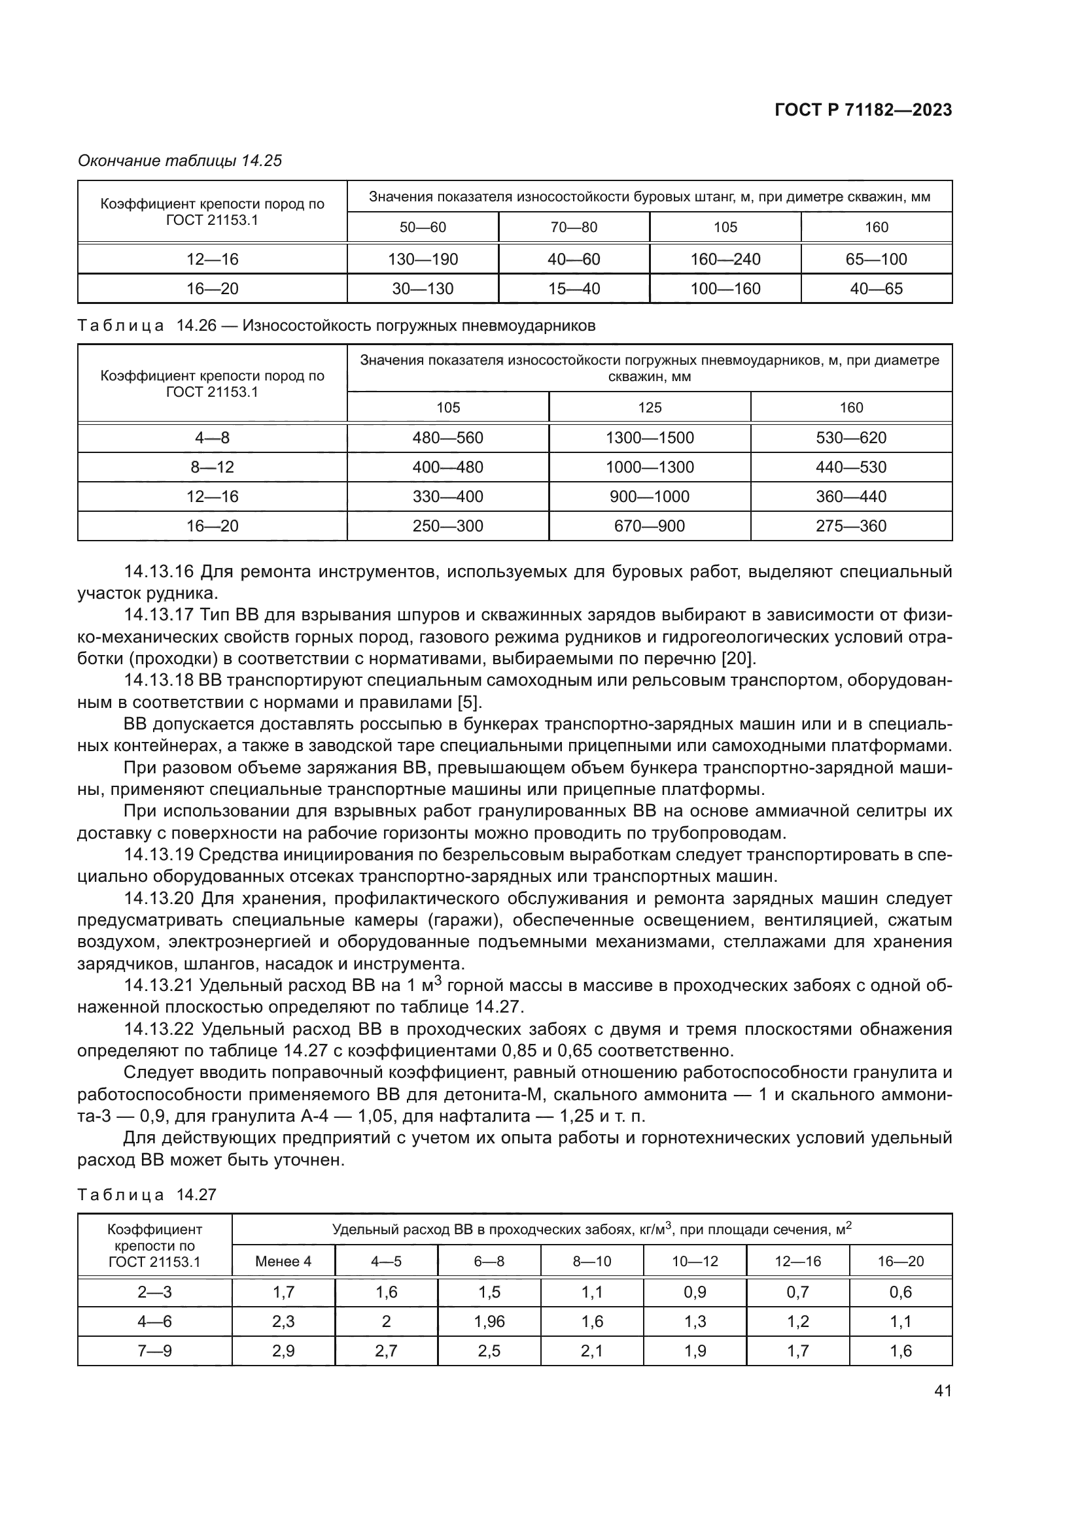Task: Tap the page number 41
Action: click(942, 1390)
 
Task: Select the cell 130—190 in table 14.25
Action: click(423, 259)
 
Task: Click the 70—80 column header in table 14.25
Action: click(574, 227)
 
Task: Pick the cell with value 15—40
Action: click(574, 288)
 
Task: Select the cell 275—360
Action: click(851, 526)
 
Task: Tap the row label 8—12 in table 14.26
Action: click(212, 467)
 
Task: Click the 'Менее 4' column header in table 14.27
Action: click(283, 1261)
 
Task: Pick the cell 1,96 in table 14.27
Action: click(489, 1321)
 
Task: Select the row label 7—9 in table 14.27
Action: click(154, 1351)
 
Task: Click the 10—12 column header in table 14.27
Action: click(695, 1261)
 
